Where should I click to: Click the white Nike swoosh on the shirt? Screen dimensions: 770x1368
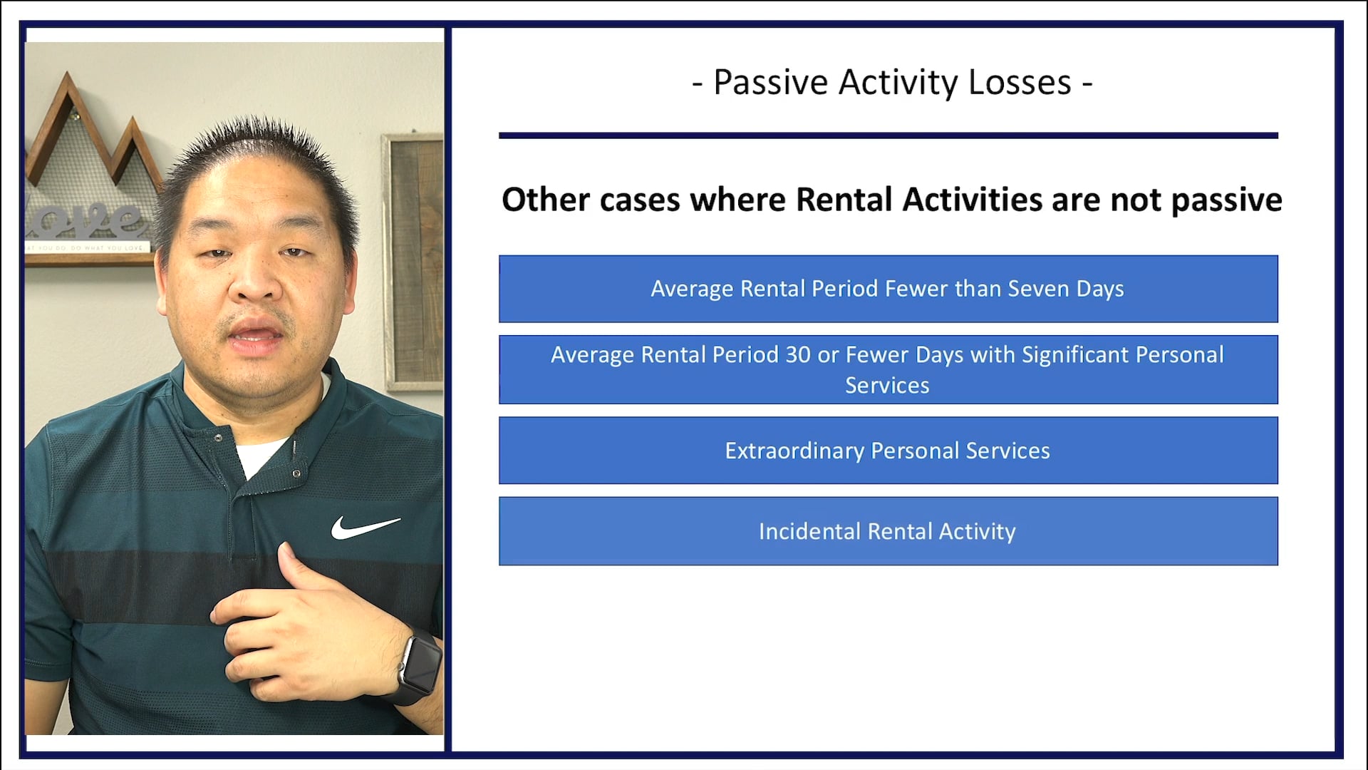pos(363,528)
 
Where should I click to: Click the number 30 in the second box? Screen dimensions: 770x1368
pos(797,355)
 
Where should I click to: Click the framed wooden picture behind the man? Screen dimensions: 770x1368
pos(413,257)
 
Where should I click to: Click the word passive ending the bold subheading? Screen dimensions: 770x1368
pos(1226,201)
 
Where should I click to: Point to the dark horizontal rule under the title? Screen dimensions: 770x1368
pos(888,135)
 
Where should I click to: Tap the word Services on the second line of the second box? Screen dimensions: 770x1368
pos(887,386)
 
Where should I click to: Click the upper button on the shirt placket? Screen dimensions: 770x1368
pos(218,437)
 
